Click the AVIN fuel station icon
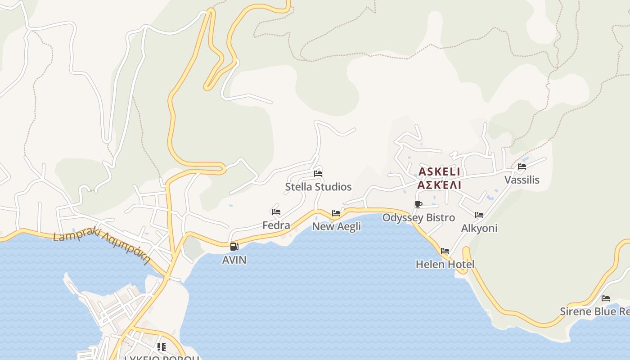click(234, 247)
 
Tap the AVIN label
click(234, 260)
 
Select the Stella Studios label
click(318, 187)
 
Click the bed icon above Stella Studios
click(318, 173)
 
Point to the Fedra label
click(276, 225)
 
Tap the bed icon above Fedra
click(276, 212)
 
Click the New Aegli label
click(336, 226)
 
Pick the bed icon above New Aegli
click(336, 213)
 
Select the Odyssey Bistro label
click(418, 218)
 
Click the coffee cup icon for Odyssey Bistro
click(418, 205)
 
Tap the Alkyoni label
click(479, 228)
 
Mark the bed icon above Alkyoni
click(479, 215)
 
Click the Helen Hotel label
click(445, 264)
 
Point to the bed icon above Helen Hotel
click(445, 251)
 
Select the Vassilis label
click(522, 180)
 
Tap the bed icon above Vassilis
click(522, 166)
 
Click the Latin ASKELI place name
click(439, 172)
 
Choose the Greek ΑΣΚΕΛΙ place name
click(439, 185)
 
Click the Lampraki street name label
click(101, 247)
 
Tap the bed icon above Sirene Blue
click(606, 298)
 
